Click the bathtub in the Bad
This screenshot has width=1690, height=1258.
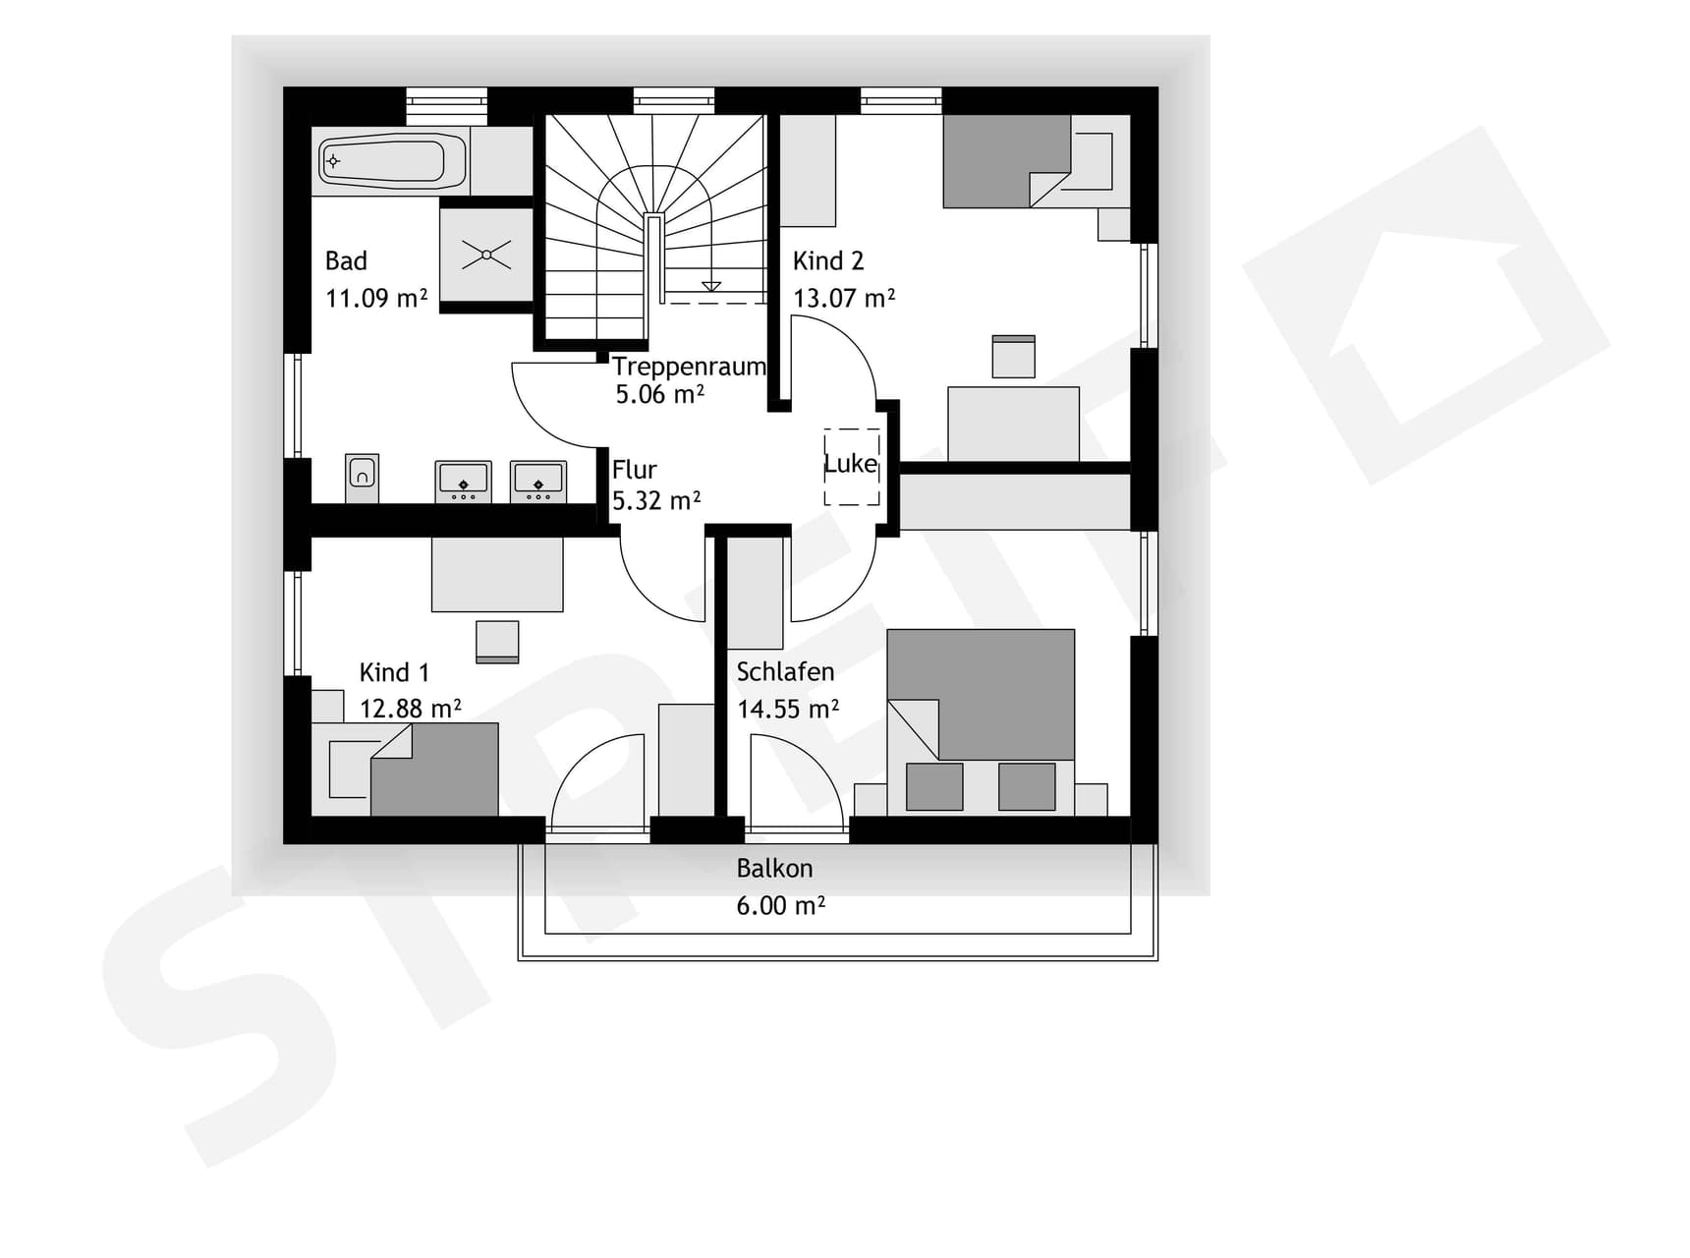pyautogui.click(x=392, y=160)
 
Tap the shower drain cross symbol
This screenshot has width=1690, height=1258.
pyautogui.click(x=486, y=255)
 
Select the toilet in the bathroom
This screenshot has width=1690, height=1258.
pyautogui.click(x=362, y=477)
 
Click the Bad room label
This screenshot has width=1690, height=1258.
pyautogui.click(x=346, y=261)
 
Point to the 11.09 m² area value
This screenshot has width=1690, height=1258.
pyautogui.click(x=376, y=298)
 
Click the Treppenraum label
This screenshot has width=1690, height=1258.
pyautogui.click(x=689, y=367)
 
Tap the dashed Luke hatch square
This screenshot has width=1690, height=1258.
pyautogui.click(x=852, y=466)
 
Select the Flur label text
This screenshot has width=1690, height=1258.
pyautogui.click(x=635, y=470)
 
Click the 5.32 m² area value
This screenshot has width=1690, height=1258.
pyautogui.click(x=656, y=500)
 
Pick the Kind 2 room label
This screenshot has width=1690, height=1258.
pyautogui.click(x=828, y=261)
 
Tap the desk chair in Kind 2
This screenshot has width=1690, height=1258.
pyautogui.click(x=1013, y=357)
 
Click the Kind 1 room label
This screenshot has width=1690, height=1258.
pyautogui.click(x=394, y=673)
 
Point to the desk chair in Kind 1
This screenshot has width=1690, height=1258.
pyautogui.click(x=497, y=642)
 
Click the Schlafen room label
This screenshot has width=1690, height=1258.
pyautogui.click(x=785, y=672)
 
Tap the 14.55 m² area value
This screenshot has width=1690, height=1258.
pyautogui.click(x=788, y=709)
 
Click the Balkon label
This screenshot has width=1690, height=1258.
pyautogui.click(x=774, y=869)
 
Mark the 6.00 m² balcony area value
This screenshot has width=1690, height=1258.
pyautogui.click(x=781, y=905)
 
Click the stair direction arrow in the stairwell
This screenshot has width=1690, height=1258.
pyautogui.click(x=711, y=286)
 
